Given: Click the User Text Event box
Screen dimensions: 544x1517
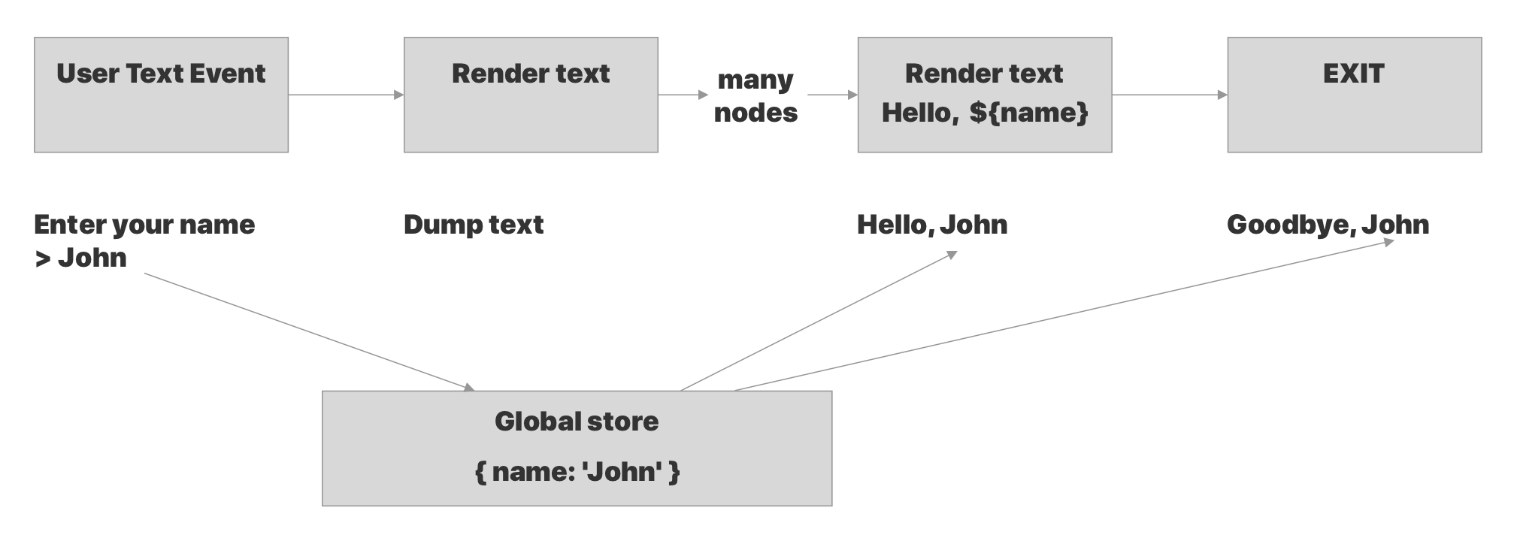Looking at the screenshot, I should pyautogui.click(x=161, y=95).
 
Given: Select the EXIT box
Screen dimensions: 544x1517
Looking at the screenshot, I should pyautogui.click(x=1354, y=95).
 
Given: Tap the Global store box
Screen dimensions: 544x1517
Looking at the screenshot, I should pyautogui.click(x=577, y=448).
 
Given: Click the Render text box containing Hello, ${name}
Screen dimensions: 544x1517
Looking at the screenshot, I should pyautogui.click(x=984, y=95).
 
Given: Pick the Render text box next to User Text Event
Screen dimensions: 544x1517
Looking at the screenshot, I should pyautogui.click(x=531, y=95).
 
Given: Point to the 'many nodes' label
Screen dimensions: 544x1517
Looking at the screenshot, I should pyautogui.click(x=755, y=95).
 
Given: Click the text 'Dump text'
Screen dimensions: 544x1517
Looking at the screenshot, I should pyautogui.click(x=474, y=225).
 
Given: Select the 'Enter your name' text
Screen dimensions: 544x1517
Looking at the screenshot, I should pyautogui.click(x=144, y=225).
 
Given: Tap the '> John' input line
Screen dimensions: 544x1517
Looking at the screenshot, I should pyautogui.click(x=80, y=258).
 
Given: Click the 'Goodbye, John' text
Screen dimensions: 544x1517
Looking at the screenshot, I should pyautogui.click(x=1328, y=225).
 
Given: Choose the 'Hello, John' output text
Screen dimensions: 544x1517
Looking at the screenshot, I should pyautogui.click(x=932, y=225).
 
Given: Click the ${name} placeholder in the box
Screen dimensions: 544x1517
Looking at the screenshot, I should pyautogui.click(x=1028, y=113).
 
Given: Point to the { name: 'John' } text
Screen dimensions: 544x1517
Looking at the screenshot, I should pyautogui.click(x=577, y=472).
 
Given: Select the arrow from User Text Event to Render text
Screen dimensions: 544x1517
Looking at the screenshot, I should pyautogui.click(x=346, y=95).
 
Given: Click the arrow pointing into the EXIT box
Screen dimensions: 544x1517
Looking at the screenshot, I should pyautogui.click(x=1169, y=95).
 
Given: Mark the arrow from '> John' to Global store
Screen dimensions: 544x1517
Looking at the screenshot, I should pyautogui.click(x=308, y=331).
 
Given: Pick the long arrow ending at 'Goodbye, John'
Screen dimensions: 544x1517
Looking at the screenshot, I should pyautogui.click(x=1064, y=316).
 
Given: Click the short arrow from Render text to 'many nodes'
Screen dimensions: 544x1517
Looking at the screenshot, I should pyautogui.click(x=683, y=95).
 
